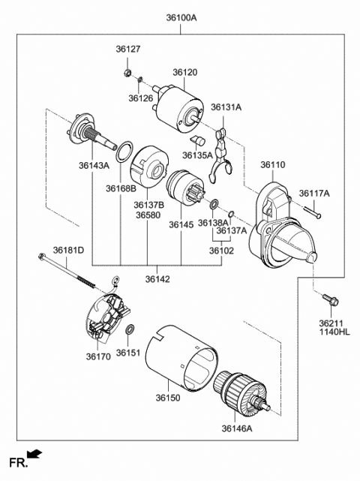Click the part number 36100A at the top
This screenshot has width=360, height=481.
(x=181, y=18)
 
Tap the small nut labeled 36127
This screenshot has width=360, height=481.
(x=127, y=73)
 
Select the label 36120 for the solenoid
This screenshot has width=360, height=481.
(x=185, y=72)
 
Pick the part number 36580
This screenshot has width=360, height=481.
(x=148, y=215)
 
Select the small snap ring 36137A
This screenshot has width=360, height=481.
(x=231, y=213)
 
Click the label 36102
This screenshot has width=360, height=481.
(x=221, y=251)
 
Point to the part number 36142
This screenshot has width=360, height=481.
(x=157, y=279)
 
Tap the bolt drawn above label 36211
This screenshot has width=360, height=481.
(x=330, y=299)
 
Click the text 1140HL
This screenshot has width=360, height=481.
(x=334, y=332)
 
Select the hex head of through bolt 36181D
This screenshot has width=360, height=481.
(x=42, y=256)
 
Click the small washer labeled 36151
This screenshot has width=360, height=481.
(x=130, y=329)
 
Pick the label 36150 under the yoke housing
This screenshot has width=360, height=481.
(x=168, y=398)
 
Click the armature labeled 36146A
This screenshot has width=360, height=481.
(x=241, y=393)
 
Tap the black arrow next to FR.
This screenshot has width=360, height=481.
(x=34, y=454)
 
